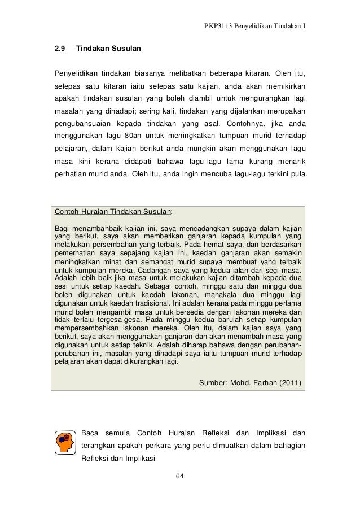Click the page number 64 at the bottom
(180, 477)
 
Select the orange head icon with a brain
(65, 444)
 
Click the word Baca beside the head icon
(90, 433)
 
